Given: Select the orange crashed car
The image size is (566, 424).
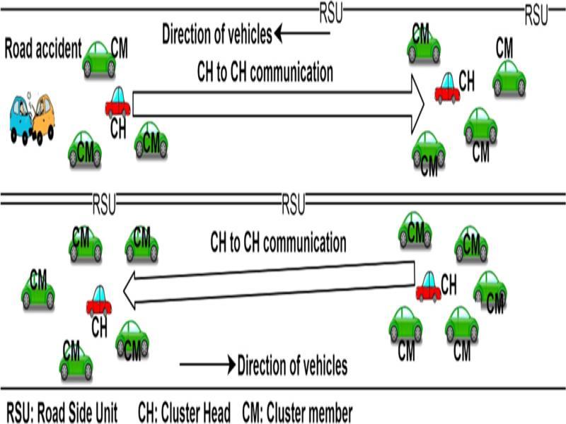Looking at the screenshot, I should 43,117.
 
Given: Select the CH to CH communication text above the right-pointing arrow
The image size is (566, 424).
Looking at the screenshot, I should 265,71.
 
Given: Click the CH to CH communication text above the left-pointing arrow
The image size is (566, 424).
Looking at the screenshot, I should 278,243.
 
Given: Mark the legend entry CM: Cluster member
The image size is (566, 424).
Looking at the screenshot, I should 297,411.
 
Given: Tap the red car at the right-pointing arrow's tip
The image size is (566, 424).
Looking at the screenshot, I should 447,88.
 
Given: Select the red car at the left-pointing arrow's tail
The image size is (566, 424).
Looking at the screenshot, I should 427,286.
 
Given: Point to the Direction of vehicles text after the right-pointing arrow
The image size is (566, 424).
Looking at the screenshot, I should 292,365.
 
